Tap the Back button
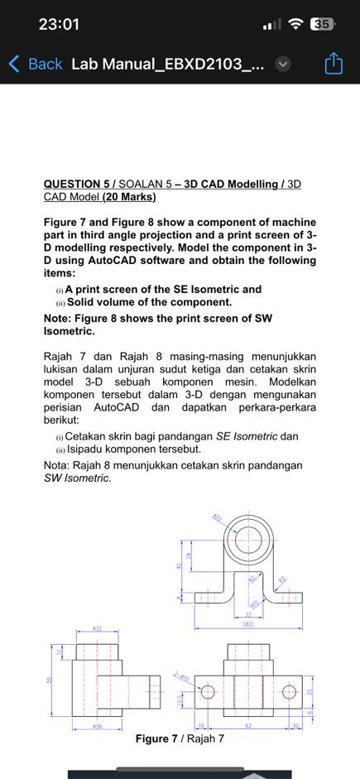(x=36, y=65)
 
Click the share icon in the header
(x=333, y=64)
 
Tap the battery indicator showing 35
(x=321, y=24)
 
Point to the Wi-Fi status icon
(x=295, y=24)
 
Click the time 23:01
(x=59, y=24)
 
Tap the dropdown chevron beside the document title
(x=283, y=64)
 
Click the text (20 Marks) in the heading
(x=129, y=197)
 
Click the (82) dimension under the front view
(x=247, y=623)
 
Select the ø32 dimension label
(x=97, y=630)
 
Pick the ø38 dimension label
(x=97, y=726)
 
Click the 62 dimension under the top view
(x=247, y=726)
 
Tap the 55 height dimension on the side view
(x=49, y=680)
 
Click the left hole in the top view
(x=208, y=691)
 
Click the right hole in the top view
(x=289, y=691)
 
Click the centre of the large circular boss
(x=248, y=540)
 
